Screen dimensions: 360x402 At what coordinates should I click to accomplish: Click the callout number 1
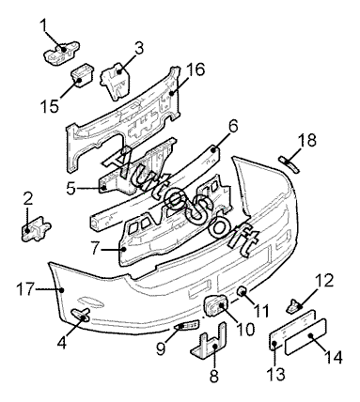point(44,25)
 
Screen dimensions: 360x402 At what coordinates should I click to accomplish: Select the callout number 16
point(196,70)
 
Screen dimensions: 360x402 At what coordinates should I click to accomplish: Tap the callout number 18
point(306,141)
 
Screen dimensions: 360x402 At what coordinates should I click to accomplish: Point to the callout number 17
point(25,288)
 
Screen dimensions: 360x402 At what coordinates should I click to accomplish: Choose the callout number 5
point(71,188)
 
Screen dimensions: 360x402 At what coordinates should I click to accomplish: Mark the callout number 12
point(323,281)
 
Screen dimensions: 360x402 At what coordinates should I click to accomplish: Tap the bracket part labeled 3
point(115,81)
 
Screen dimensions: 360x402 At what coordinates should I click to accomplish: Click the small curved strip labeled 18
point(290,164)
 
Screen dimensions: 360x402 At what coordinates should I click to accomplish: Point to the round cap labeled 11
point(242,292)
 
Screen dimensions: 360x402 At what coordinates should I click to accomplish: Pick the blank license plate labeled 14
point(305,337)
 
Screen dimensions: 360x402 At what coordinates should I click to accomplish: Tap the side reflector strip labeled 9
point(187,325)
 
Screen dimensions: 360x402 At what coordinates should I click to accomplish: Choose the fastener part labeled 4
point(81,315)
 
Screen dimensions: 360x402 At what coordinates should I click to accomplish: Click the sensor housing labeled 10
point(216,304)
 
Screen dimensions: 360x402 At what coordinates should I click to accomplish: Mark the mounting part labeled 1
point(61,52)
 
